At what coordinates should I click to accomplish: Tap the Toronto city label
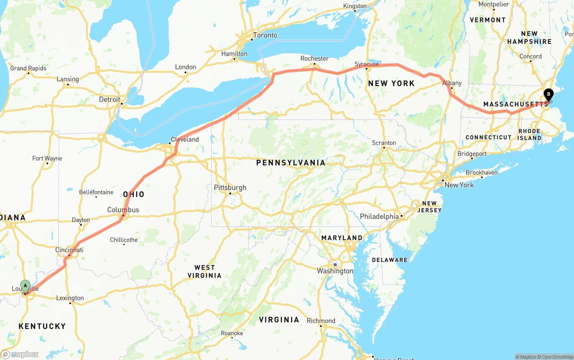[265, 35]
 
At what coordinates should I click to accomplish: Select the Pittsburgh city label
[230, 187]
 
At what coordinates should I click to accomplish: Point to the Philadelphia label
[379, 217]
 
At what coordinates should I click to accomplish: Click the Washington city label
[335, 271]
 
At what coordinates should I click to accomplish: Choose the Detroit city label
[109, 99]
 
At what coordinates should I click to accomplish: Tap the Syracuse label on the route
[367, 64]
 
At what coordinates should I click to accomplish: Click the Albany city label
[452, 83]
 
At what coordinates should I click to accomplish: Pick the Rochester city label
[314, 58]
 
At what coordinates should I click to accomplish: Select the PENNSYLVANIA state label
[291, 163]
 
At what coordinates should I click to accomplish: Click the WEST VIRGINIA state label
[204, 271]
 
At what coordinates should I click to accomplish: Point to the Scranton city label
[384, 143]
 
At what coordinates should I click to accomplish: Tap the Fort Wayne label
[47, 158]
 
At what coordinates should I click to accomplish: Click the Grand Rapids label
[28, 68]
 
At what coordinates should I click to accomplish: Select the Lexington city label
[70, 298]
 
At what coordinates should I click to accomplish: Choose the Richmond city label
[321, 321]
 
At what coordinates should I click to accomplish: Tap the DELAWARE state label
[390, 260]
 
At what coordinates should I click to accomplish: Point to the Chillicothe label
[124, 240]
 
